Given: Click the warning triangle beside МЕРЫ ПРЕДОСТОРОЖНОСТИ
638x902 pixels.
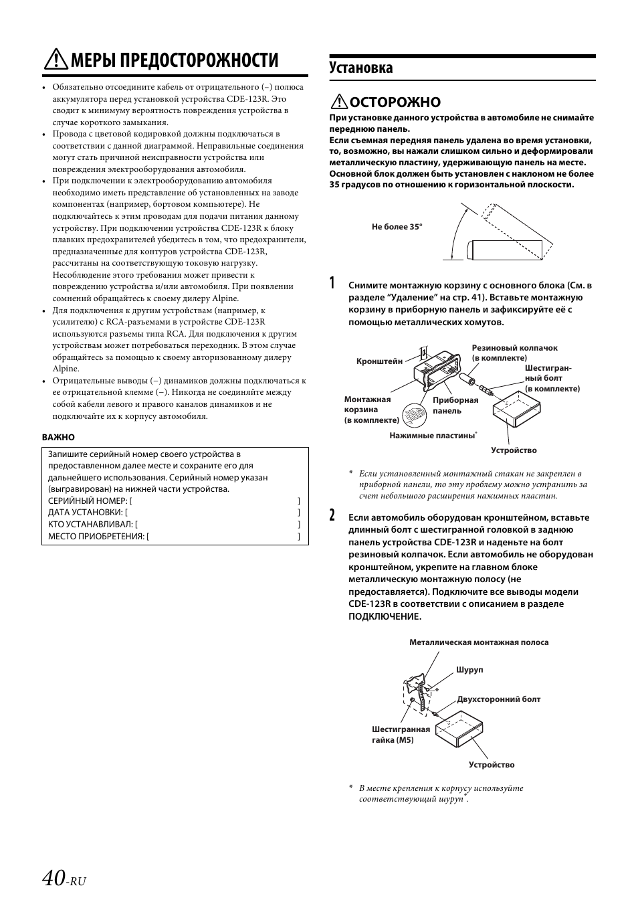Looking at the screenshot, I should (x=54, y=61).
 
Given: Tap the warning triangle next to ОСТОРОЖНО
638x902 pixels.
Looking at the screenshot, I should (x=339, y=102).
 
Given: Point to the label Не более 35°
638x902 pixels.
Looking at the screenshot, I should (x=397, y=227).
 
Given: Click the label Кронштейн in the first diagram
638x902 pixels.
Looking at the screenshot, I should (x=379, y=361).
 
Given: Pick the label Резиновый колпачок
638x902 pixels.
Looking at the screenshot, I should (x=514, y=348).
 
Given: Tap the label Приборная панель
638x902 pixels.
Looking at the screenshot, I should (x=455, y=405).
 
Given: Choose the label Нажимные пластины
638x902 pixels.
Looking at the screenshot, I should (x=432, y=435).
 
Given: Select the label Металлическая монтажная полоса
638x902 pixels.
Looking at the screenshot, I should (x=479, y=642).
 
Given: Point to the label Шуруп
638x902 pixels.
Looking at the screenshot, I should (x=469, y=670).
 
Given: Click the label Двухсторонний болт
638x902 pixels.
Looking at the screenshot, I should (x=499, y=699).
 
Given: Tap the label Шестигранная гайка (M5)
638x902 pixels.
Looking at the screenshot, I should (x=401, y=735).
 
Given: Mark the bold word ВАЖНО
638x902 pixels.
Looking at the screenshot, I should (x=58, y=437).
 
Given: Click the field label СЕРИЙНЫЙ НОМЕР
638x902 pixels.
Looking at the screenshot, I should (x=87, y=501).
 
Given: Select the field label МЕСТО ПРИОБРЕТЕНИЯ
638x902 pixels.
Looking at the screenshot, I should (x=96, y=537).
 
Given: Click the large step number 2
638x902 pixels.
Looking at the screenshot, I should (x=333, y=515).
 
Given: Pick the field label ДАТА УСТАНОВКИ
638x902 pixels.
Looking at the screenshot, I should (x=85, y=513).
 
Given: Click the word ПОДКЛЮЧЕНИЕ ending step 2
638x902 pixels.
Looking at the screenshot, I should (x=385, y=616).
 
